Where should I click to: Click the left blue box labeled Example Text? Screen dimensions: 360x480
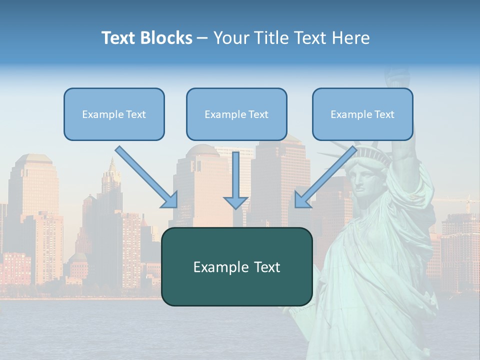(114, 114)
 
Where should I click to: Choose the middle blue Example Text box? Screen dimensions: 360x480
(236, 114)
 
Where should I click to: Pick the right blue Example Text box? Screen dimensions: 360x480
(362, 114)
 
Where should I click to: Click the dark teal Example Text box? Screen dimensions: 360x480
(236, 266)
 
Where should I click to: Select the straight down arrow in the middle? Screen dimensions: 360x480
(235, 177)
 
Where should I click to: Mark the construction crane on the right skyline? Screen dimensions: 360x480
(467, 202)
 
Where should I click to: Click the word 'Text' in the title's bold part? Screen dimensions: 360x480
(118, 38)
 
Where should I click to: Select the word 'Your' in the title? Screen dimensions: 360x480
(229, 38)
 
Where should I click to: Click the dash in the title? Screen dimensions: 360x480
(202, 38)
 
